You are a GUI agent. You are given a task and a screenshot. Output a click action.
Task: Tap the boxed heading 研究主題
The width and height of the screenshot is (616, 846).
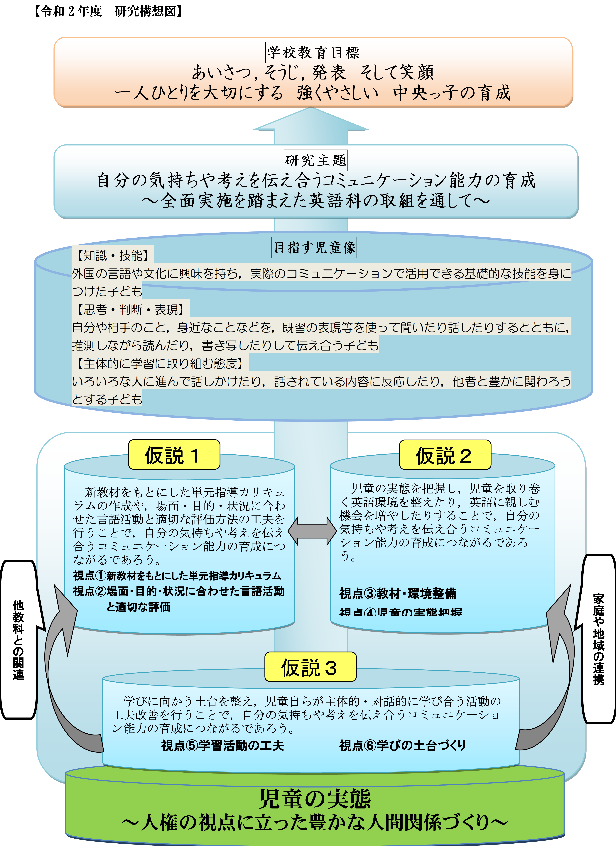coord(316,160)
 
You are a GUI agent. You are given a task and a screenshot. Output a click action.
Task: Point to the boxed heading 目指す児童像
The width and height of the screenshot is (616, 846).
coord(314,247)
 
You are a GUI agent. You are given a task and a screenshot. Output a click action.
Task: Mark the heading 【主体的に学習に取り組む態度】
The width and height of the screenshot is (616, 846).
coord(160,363)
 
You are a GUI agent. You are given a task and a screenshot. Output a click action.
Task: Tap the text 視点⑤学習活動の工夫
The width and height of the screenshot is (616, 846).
coord(222,746)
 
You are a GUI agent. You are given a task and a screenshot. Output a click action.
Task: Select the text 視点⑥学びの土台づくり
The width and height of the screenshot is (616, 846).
coord(402,746)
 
